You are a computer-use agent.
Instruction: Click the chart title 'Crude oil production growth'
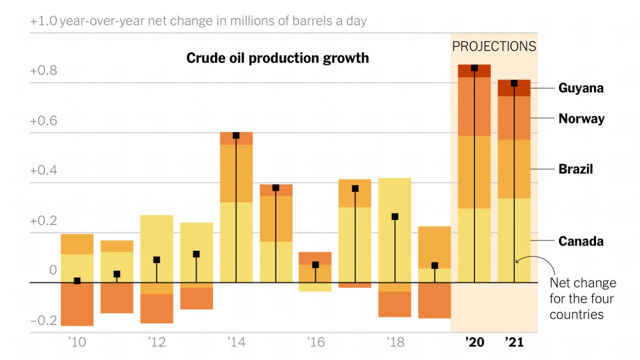(277, 58)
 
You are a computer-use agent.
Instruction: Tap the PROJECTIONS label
(494, 46)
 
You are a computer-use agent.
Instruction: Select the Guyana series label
(581, 88)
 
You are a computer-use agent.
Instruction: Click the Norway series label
(581, 118)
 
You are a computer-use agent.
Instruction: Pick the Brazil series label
(575, 169)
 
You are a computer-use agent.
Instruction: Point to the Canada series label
(581, 241)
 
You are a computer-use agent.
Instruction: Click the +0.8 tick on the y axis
(43, 70)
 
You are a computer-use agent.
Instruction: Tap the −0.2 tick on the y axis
(43, 320)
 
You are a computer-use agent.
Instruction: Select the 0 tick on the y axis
(53, 270)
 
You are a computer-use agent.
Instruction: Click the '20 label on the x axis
(474, 342)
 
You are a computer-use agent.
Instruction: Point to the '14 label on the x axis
(236, 342)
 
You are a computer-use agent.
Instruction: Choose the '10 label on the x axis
(77, 342)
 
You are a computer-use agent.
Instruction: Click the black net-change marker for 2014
(236, 135)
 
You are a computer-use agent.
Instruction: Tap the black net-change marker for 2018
(395, 216)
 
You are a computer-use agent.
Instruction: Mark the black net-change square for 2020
(474, 68)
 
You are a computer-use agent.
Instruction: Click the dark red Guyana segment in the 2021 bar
(514, 88)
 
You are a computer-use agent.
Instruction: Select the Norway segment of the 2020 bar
(474, 106)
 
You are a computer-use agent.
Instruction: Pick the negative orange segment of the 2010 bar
(77, 304)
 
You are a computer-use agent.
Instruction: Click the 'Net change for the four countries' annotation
(583, 298)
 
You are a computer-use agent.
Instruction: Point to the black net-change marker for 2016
(315, 264)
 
